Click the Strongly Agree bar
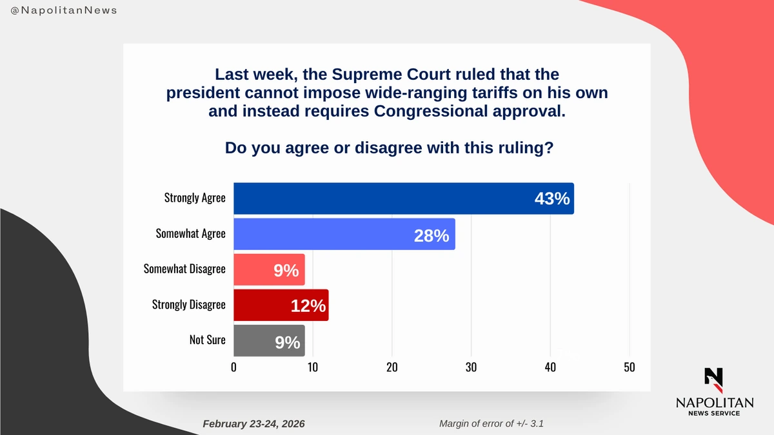[403, 198]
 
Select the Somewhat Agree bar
[344, 234]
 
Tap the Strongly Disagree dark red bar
[281, 305]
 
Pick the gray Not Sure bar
[268, 341]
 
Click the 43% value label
[552, 198]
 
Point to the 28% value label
[432, 235]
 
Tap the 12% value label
[308, 306]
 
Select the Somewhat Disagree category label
[184, 268]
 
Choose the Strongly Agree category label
[195, 197]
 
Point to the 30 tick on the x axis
[471, 367]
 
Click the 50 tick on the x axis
[630, 367]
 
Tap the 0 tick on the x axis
[233, 367]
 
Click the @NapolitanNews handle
[64, 11]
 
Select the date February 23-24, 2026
[253, 423]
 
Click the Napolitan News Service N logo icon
[713, 380]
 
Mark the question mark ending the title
[548, 148]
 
